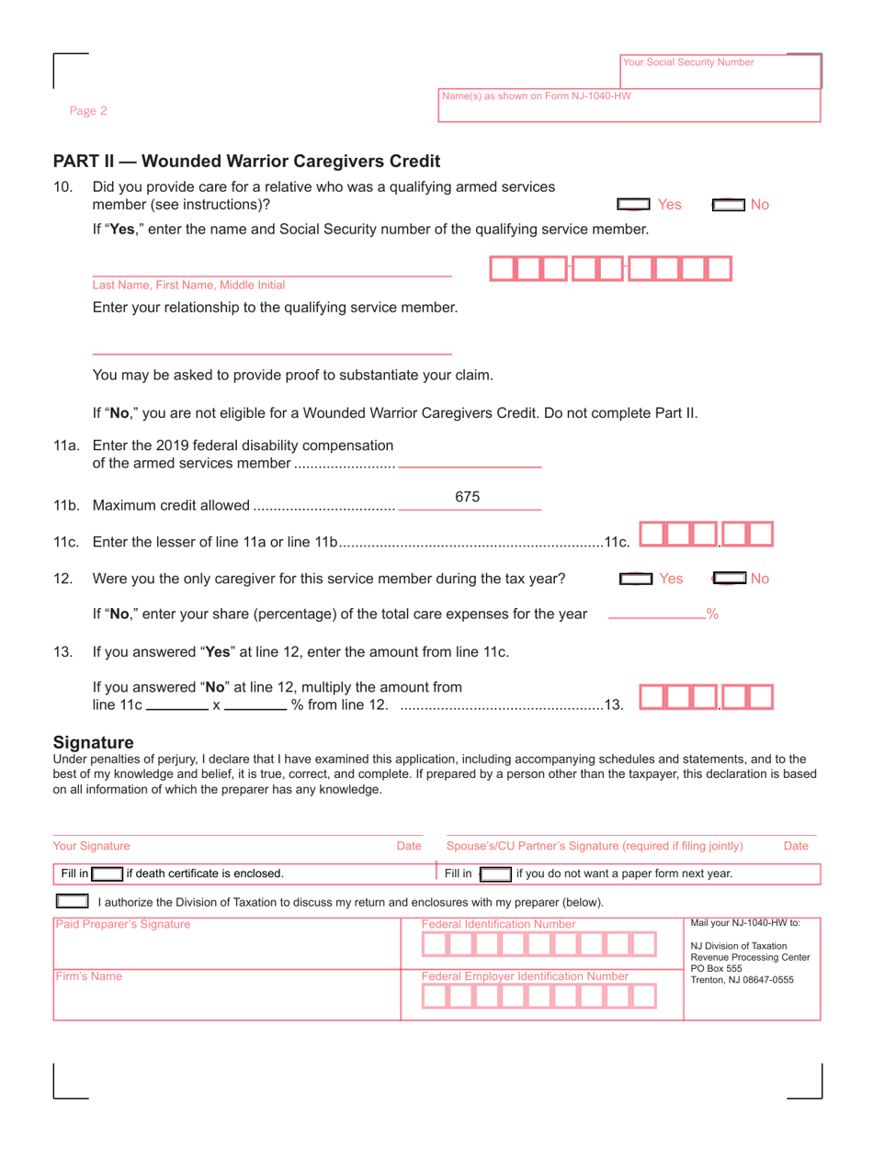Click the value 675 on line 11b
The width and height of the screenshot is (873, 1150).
(x=469, y=497)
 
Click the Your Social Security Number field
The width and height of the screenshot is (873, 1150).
(x=720, y=72)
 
